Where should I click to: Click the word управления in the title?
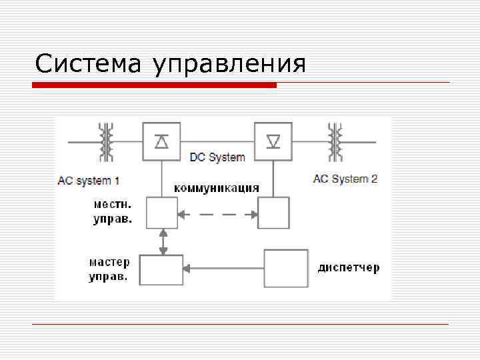[x=229, y=65]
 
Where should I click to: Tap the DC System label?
[x=217, y=158]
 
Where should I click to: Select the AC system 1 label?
[x=89, y=180]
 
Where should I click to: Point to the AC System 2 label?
[x=345, y=179]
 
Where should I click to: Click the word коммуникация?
[x=217, y=187]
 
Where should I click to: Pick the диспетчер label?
[x=349, y=268]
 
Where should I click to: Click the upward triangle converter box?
[x=161, y=141]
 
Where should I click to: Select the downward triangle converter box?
[x=273, y=141]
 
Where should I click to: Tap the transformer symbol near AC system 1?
[x=105, y=141]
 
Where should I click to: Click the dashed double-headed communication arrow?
[x=217, y=214]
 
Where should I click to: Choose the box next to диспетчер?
[x=286, y=268]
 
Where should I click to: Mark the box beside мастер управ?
[x=161, y=269]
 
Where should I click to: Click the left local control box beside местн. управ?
[x=162, y=213]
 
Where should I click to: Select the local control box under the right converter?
[x=273, y=213]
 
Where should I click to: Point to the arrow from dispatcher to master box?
[x=223, y=269]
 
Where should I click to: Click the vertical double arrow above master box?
[x=162, y=241]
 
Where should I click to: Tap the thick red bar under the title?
[x=155, y=85]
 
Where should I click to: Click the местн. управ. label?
[x=113, y=209]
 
